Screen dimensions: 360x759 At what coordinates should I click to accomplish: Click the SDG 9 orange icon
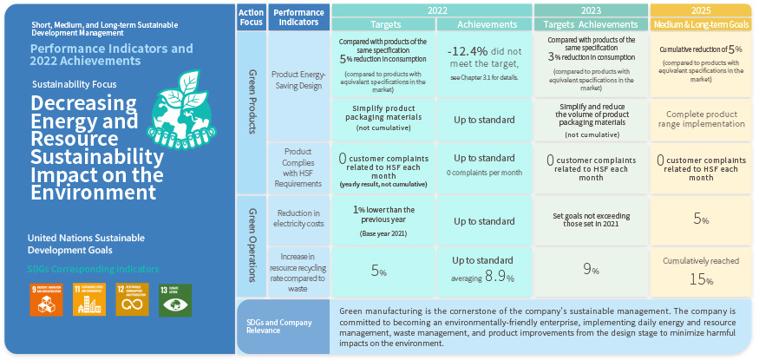pyautogui.click(x=45, y=299)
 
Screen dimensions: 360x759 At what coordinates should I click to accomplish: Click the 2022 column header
pyautogui.click(x=430, y=10)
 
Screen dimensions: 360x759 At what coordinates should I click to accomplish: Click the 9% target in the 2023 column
pyautogui.click(x=590, y=270)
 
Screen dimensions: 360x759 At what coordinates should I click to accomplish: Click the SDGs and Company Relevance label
pyautogui.click(x=282, y=326)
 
